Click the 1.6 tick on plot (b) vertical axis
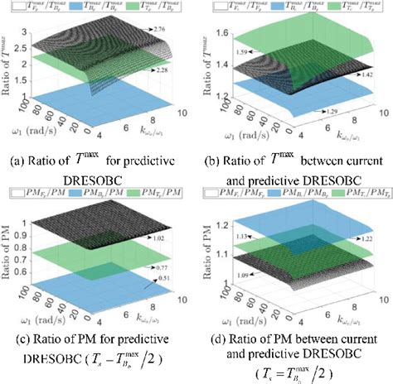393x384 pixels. pos(219,31)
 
